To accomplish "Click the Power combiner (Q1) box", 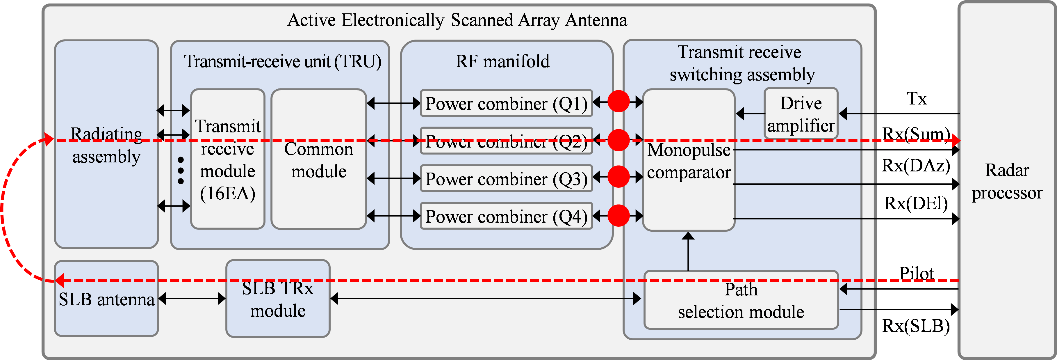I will coord(506,103).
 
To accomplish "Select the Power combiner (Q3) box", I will coord(506,179).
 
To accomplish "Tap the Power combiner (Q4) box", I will coord(506,216).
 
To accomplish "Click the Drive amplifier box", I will coord(801,114).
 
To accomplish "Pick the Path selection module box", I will coord(741,300).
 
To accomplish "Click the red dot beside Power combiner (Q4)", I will coord(618,216).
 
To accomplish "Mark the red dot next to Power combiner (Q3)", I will coord(618,177).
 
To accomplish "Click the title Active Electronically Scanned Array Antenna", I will coord(457,20).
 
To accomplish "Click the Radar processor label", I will coord(1007,181).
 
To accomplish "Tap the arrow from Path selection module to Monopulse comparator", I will coord(688,251).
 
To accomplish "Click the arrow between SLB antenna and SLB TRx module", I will coord(192,298).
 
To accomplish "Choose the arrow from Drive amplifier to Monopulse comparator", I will coord(750,114).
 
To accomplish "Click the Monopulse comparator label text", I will coord(689,161).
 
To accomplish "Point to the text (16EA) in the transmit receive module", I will coord(227,193).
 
